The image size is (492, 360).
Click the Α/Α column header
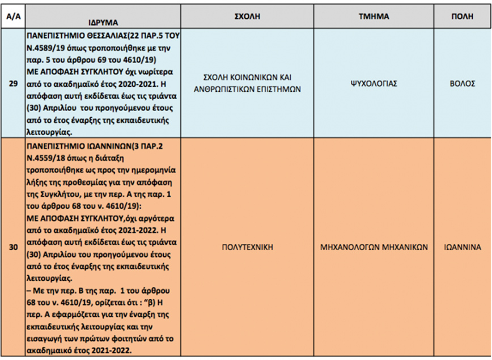pos(12,16)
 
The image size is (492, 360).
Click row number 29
pos(12,83)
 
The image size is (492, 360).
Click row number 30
pos(12,247)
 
